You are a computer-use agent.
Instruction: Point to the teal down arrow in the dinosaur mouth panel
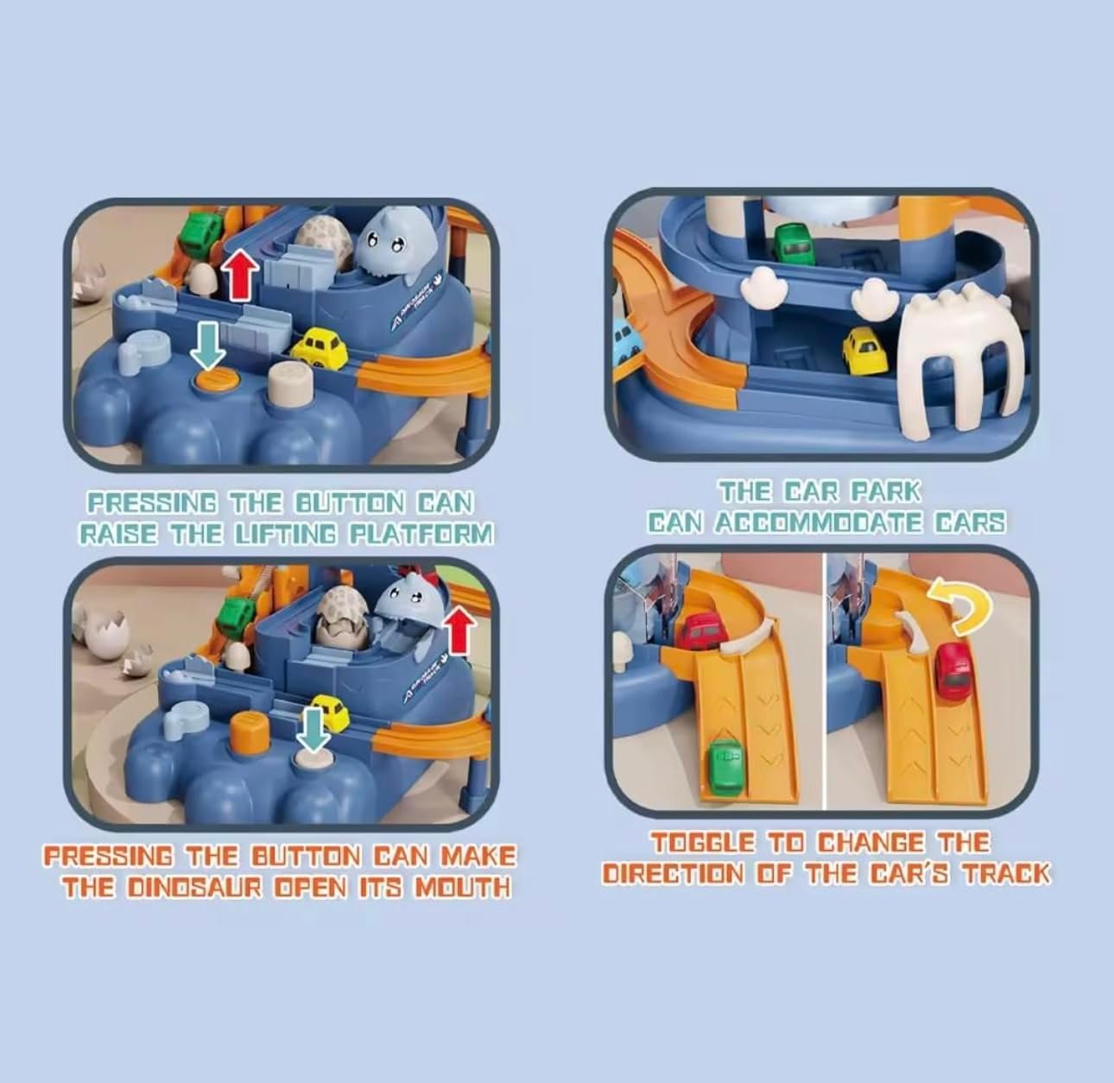313,729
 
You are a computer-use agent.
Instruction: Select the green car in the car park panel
794,244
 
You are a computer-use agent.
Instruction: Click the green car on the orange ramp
725,765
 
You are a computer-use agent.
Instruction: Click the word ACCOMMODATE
820,522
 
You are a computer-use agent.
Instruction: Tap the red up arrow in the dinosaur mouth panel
460,630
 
